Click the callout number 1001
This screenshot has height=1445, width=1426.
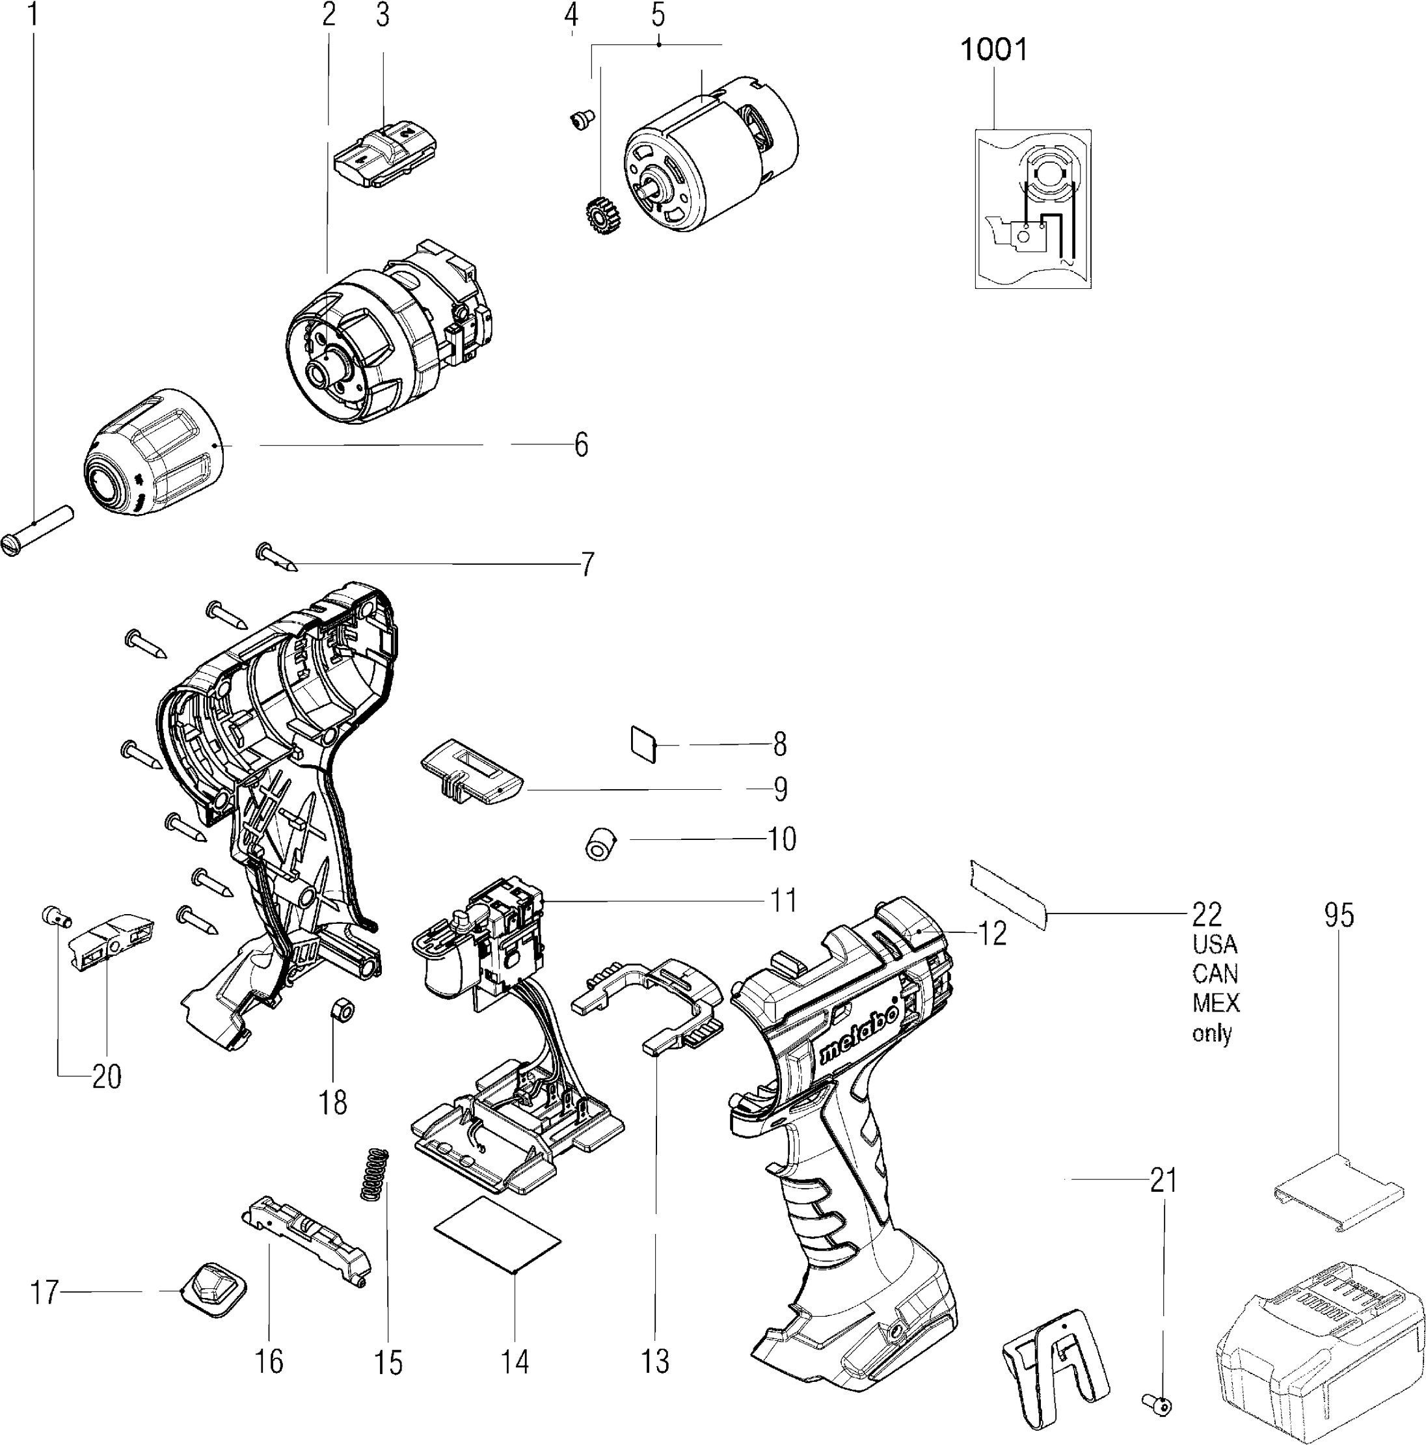click(x=993, y=50)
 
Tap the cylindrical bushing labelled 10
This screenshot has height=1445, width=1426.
click(x=600, y=844)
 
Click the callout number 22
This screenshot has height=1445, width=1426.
click(x=1207, y=914)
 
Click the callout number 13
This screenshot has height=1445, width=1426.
click(x=655, y=1361)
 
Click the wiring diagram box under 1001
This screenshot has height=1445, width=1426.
click(x=1032, y=209)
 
